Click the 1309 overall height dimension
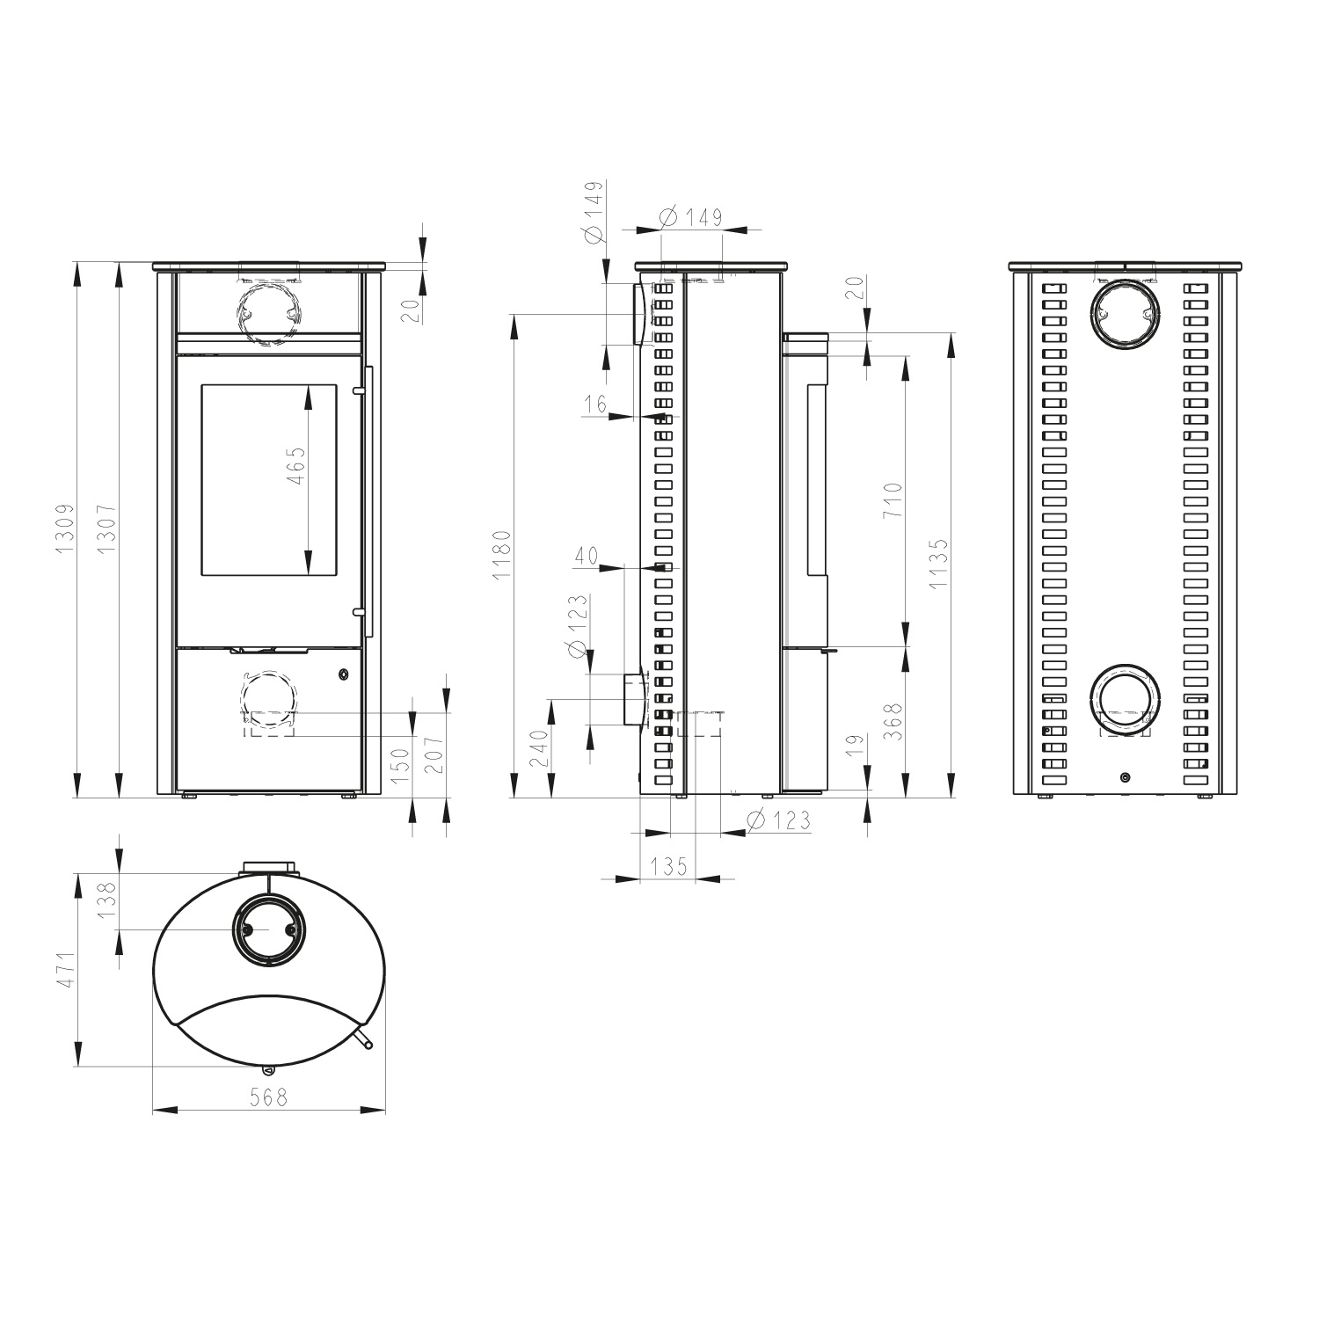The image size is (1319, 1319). point(64,529)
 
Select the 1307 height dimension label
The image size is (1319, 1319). point(107,529)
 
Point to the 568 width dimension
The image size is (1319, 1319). point(269,1097)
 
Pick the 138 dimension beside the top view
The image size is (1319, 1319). point(107,900)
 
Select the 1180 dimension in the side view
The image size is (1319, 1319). point(500,554)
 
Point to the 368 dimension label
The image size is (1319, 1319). point(893,723)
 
